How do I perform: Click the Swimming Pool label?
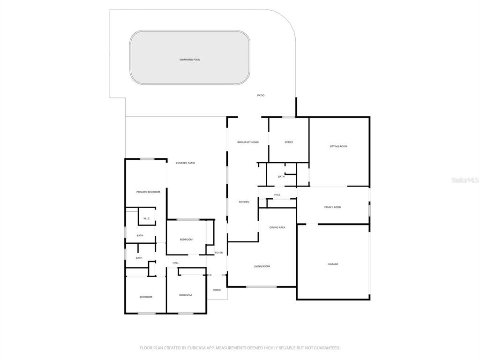pos(190,60)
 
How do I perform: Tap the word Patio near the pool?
pos(261,95)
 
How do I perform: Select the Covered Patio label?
pos(185,163)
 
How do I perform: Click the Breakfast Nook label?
pos(248,142)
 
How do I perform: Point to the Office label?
pos(289,142)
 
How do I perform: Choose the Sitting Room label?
pos(338,146)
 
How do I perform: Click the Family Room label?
pos(333,207)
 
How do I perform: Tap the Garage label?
pos(333,264)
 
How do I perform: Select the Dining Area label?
pos(277,227)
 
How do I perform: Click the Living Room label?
pos(262,266)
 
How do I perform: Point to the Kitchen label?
pos(244,202)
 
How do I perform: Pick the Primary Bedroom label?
pos(148,192)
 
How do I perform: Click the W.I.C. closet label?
pos(147,218)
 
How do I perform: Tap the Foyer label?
pos(219,253)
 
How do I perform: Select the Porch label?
pos(217,290)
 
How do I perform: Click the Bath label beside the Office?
pos(281,177)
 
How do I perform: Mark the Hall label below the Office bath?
pos(277,195)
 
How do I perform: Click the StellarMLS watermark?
pos(465,180)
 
